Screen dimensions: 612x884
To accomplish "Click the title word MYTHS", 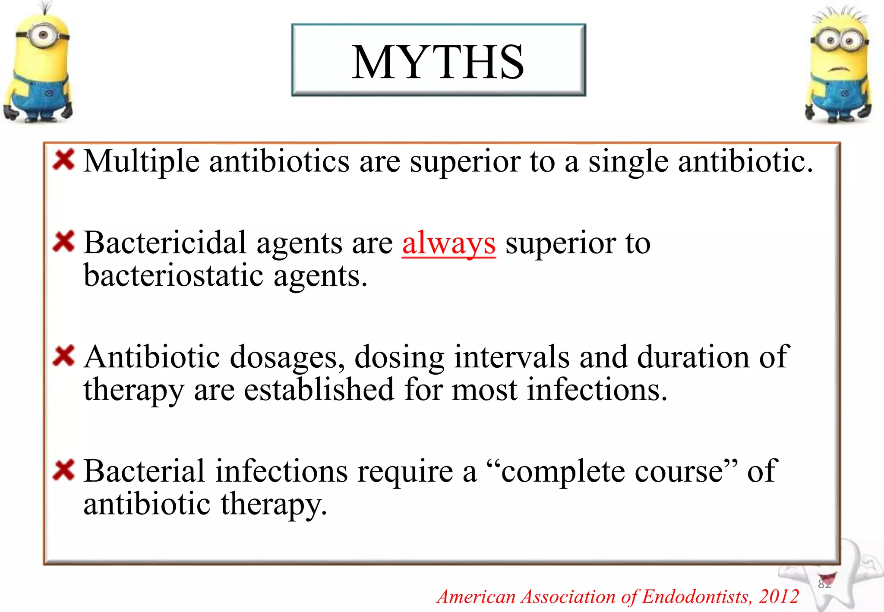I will [438, 63].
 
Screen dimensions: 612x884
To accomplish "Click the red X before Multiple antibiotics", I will [64, 160].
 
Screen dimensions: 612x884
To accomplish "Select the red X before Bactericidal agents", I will [64, 241].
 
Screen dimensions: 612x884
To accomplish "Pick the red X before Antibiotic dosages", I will [64, 356].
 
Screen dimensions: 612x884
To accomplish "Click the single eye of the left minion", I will [44, 35].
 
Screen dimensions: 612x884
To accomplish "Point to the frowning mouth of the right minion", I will [839, 69].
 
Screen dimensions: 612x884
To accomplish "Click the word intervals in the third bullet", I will [511, 357].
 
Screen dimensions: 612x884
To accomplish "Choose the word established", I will [319, 390].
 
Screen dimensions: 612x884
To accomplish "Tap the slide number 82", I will [824, 584].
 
